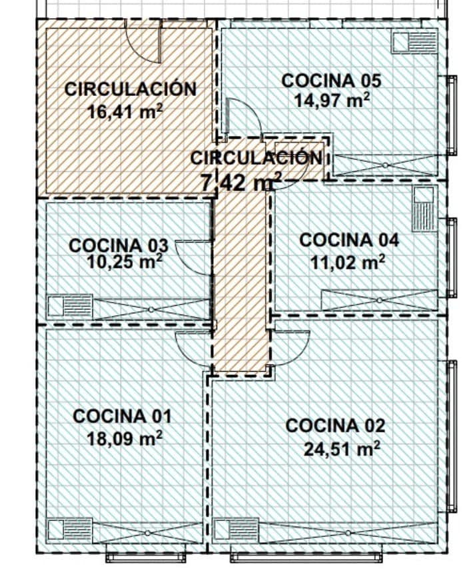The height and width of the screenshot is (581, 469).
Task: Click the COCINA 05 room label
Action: [331, 81]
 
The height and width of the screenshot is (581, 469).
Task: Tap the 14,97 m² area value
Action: [332, 100]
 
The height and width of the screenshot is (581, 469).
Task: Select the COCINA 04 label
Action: [349, 240]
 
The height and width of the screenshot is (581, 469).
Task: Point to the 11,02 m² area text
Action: [348, 263]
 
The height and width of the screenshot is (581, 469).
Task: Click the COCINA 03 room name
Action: [119, 245]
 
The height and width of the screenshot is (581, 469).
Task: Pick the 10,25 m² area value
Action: [125, 262]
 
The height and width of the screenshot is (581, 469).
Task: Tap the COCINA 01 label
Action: [123, 416]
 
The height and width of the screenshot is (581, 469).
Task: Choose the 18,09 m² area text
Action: [125, 438]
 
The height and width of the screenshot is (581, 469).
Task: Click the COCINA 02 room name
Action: [335, 426]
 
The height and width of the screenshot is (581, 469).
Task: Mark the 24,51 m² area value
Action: [342, 449]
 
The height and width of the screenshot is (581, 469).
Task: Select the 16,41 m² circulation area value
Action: [125, 111]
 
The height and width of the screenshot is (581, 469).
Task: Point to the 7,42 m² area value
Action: [240, 182]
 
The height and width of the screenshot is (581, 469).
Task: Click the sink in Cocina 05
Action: [414, 42]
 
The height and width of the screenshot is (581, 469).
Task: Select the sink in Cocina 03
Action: [70, 306]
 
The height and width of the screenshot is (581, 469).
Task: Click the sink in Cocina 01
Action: [70, 530]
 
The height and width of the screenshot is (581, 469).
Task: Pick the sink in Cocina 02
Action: [236, 530]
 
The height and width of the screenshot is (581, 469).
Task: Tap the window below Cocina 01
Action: [146, 556]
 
